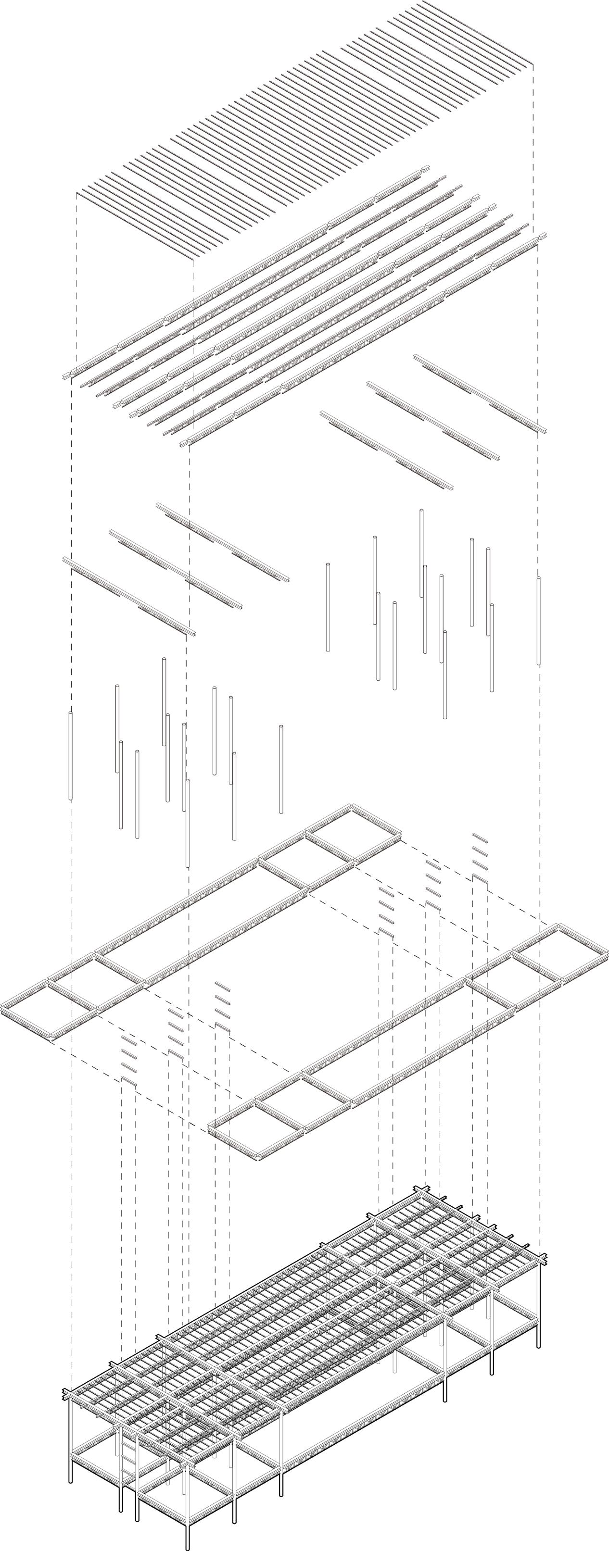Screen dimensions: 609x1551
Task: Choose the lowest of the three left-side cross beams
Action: point(129,596)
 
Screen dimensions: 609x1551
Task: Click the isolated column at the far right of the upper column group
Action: point(538,620)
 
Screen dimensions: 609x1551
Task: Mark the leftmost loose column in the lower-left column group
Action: point(71,756)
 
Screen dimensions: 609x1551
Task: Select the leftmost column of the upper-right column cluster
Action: point(328,607)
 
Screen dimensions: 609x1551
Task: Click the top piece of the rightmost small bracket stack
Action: point(480,837)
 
